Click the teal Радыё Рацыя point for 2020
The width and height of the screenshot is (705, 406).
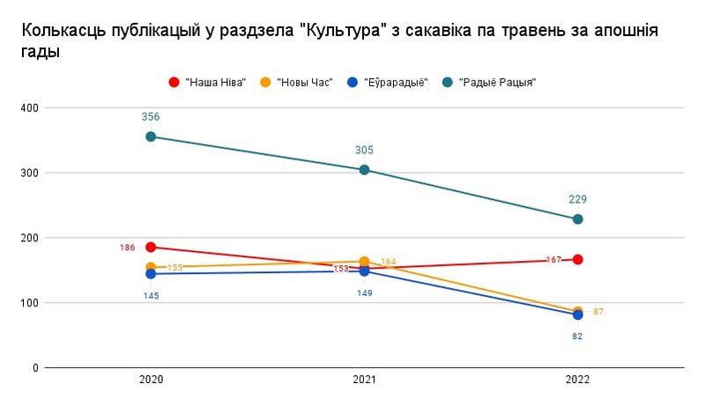point(151,137)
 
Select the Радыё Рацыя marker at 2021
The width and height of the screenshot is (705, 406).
point(365,169)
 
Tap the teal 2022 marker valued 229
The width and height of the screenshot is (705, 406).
point(578,218)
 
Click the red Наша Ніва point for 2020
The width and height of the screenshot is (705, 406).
point(151,247)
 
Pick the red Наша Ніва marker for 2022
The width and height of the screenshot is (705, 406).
point(578,259)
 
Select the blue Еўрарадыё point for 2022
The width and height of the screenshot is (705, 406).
point(578,314)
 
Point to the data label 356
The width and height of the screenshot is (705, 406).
point(151,116)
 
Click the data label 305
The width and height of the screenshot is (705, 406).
point(365,150)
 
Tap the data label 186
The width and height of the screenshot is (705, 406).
point(128,247)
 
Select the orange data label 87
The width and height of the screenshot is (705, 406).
point(598,312)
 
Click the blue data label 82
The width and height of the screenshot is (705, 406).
point(578,336)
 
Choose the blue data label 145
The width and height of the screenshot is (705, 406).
point(151,295)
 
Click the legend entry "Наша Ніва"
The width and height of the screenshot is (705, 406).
point(215,82)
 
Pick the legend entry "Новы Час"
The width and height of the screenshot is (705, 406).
point(304,82)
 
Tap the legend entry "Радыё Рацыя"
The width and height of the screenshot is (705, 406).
point(498,82)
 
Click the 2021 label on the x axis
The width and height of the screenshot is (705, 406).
point(365,380)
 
